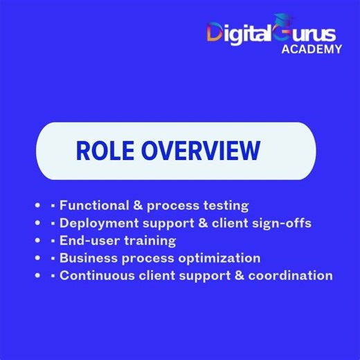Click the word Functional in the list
[x=93, y=205]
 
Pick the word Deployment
[x=97, y=223]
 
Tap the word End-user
[x=86, y=240]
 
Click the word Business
[x=87, y=258]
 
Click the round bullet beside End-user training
[x=37, y=240]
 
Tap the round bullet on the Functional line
[x=37, y=205]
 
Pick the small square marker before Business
[x=53, y=258]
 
